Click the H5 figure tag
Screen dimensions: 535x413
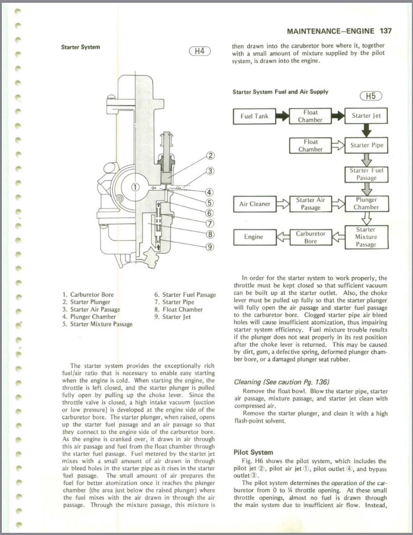tap(371, 95)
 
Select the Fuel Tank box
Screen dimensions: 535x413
tap(254, 116)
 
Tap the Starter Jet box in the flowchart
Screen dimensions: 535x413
tap(366, 116)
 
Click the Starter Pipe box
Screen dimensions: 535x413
tap(366, 145)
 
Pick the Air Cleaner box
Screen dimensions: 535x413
tap(254, 204)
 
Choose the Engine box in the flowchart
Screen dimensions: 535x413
tap(253, 237)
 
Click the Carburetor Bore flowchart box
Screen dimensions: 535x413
tap(311, 237)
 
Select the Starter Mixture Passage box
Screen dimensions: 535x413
tap(366, 237)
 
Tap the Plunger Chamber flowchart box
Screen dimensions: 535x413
tap(366, 204)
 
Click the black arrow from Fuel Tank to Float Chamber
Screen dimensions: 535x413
tap(282, 116)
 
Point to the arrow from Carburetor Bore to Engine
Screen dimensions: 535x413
tap(283, 237)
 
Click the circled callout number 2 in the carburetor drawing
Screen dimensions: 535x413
tap(211, 156)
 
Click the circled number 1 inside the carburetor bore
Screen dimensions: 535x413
tap(136, 187)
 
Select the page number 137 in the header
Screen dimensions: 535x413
tap(386, 31)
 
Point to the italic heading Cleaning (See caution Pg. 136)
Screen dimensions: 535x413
tap(281, 382)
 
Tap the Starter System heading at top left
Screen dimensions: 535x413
tap(81, 47)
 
